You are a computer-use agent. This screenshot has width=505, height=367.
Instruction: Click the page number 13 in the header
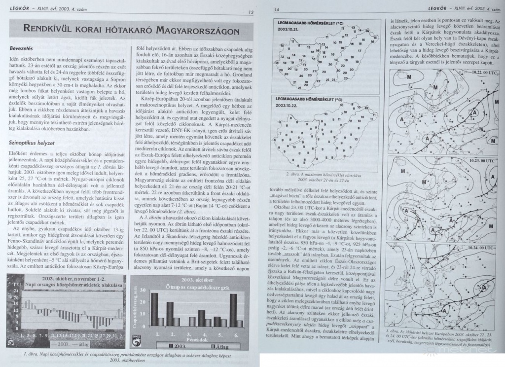(x=252, y=12)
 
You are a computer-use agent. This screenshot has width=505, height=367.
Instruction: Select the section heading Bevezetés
(x=21, y=49)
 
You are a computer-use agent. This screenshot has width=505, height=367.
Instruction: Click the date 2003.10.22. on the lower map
(x=289, y=105)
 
